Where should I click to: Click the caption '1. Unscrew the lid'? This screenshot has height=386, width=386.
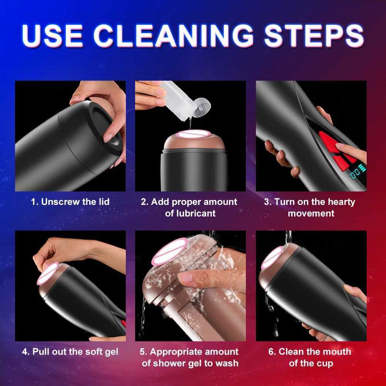point(70,201)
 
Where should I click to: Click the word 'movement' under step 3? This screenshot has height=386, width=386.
point(311,213)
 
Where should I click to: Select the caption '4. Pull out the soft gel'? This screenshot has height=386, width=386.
point(70,352)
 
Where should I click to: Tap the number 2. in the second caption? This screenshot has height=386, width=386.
point(144,201)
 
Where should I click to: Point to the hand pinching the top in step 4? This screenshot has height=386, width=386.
point(58,251)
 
